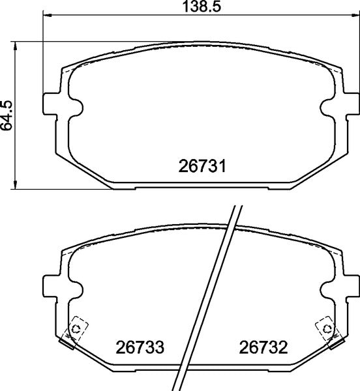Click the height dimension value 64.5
[x=7, y=115]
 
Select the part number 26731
[x=202, y=167]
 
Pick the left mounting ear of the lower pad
[x=52, y=284]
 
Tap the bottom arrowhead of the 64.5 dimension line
[x=17, y=184]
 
